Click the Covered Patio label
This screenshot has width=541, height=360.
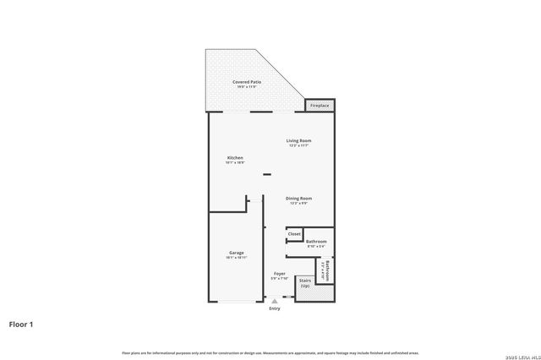(247, 81)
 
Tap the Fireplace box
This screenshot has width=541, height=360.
(320, 105)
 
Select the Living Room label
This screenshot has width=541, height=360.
(298, 140)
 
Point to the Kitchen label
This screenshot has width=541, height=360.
(235, 158)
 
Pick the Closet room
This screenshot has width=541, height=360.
(294, 234)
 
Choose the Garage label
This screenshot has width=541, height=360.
(236, 252)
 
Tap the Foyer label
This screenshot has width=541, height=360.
(279, 274)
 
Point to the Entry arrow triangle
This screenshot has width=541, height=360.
(274, 299)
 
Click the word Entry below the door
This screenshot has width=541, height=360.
(274, 308)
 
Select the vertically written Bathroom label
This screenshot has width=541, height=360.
(325, 270)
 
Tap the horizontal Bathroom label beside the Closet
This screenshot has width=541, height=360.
(316, 242)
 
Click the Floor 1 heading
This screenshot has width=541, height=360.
(20, 323)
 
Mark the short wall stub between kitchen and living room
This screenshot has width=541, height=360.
(266, 175)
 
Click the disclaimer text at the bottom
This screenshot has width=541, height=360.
(270, 352)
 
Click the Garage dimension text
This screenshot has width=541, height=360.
(236, 257)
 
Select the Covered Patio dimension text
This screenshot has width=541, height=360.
(247, 86)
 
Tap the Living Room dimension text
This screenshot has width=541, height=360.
(298, 145)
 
